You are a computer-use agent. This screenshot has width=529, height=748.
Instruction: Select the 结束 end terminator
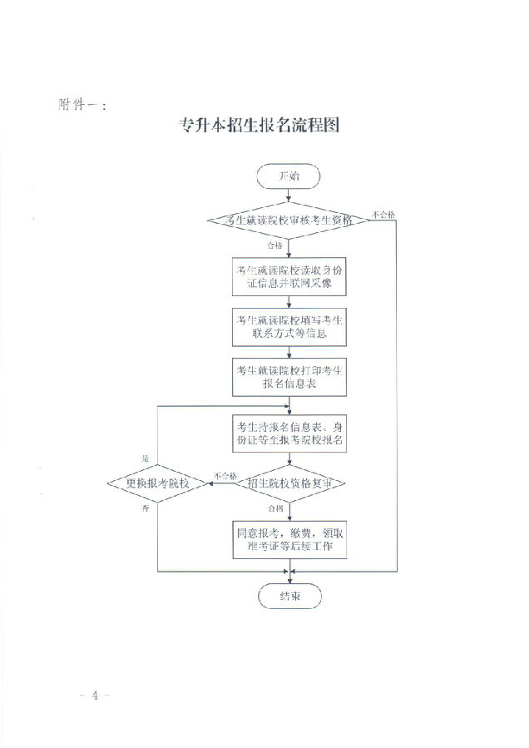click(289, 596)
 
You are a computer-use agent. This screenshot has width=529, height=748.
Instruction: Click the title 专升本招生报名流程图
click(259, 126)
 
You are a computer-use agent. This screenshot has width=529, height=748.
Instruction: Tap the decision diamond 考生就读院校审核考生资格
click(289, 220)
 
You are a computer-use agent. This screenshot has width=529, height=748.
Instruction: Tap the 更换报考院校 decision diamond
click(157, 483)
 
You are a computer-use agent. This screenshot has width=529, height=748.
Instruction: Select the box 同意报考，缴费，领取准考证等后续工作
click(289, 539)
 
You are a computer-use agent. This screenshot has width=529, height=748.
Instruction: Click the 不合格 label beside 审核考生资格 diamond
click(383, 214)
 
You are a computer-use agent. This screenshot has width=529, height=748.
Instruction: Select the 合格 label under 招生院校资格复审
click(275, 507)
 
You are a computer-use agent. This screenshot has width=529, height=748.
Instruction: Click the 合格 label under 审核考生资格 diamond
click(275, 246)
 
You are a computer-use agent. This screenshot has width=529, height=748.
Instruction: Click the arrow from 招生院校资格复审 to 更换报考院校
click(225, 483)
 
